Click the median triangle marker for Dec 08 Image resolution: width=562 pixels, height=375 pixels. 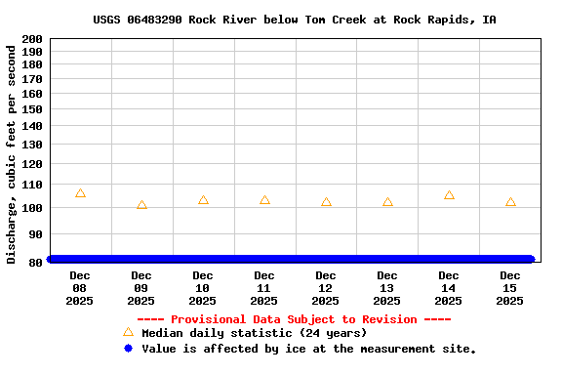(80, 193)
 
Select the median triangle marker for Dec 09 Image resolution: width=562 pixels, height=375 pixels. (141, 205)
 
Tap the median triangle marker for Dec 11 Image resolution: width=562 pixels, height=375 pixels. (264, 200)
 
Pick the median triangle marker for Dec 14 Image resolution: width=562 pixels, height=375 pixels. (449, 195)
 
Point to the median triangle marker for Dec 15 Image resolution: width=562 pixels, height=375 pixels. (510, 202)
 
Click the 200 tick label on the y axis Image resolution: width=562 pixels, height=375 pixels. (31, 39)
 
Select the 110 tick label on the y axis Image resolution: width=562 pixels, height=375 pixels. (31, 185)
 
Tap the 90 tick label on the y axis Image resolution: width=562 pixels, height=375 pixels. (35, 235)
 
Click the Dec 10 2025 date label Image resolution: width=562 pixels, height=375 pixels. (203, 288)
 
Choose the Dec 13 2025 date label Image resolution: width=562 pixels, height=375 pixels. (387, 288)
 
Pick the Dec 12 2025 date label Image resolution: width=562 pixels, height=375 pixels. (326, 288)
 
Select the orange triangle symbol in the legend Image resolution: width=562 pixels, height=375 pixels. (128, 333)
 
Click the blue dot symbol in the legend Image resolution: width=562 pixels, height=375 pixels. (128, 348)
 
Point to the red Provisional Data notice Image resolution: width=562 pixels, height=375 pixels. (294, 319)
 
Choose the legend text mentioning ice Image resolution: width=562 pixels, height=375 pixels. (308, 349)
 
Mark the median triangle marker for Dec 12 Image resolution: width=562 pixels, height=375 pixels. (326, 202)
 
